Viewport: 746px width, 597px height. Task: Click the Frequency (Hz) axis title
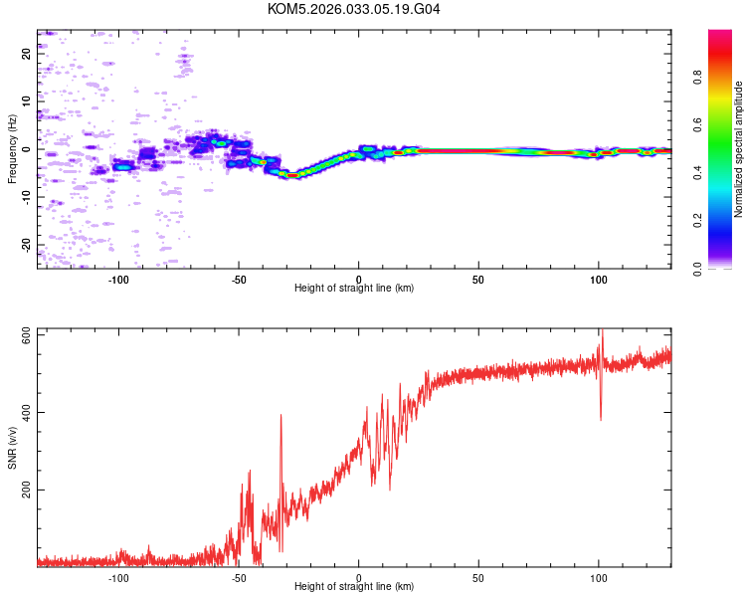click(12, 149)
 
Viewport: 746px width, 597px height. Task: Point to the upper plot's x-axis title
click(354, 288)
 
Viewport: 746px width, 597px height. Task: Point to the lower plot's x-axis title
click(354, 586)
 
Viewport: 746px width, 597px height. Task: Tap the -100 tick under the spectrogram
click(119, 279)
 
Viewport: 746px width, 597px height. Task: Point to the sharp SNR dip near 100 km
click(601, 418)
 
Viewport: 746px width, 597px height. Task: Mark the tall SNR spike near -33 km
click(281, 416)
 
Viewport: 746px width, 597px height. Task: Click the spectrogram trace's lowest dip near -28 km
click(291, 174)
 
